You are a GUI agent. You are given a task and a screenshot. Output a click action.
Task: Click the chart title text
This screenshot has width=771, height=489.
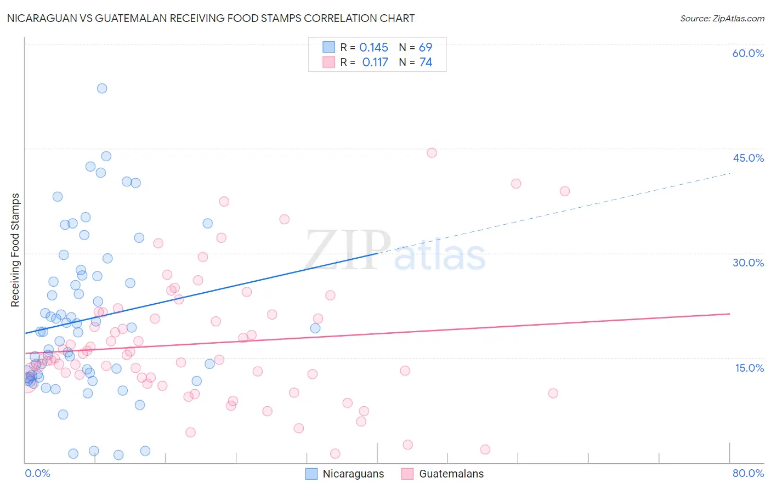pos(211,18)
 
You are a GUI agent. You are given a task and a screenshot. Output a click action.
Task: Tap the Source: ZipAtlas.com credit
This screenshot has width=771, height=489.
pos(722,18)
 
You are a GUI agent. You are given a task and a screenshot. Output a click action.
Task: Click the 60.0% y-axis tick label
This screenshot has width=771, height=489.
pos(748,53)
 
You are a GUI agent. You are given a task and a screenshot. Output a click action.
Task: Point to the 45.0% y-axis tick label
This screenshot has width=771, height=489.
pos(748,158)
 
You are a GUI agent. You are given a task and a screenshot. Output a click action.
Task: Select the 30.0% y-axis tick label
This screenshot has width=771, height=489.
pos(748,263)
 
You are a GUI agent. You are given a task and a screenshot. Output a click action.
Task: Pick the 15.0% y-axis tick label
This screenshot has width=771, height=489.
pos(749,368)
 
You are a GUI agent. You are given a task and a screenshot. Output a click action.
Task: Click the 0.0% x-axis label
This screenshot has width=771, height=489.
pos(37,473)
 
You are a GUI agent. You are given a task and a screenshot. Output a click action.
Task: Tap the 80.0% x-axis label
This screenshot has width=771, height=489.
pos(748,473)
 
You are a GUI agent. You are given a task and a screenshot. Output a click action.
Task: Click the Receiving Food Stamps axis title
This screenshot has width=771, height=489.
pos(15,250)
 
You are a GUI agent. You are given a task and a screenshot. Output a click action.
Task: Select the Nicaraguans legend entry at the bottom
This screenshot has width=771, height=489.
pos(345,474)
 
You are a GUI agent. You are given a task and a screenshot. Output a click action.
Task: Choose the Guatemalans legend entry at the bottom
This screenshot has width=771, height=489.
pos(443,474)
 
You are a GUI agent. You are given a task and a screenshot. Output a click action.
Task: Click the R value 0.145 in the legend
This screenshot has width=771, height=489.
pos(373,47)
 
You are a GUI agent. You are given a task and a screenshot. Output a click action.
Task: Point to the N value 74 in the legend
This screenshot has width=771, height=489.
pos(426,62)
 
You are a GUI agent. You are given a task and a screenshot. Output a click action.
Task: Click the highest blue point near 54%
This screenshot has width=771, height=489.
pos(102,88)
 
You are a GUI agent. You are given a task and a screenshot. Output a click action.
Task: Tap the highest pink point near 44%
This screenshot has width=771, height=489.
pos(432,153)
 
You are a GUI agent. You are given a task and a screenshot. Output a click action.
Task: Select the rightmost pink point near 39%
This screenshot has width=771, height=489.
pos(565,191)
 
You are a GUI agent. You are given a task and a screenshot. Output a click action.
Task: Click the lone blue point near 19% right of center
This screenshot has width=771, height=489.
pos(315,328)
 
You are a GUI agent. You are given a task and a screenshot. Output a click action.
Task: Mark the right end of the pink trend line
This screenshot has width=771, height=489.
pos(730,314)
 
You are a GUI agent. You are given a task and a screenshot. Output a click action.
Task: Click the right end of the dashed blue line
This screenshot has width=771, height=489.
pos(730,173)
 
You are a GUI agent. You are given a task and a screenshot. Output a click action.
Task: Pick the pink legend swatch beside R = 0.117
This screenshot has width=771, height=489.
pos(328,62)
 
